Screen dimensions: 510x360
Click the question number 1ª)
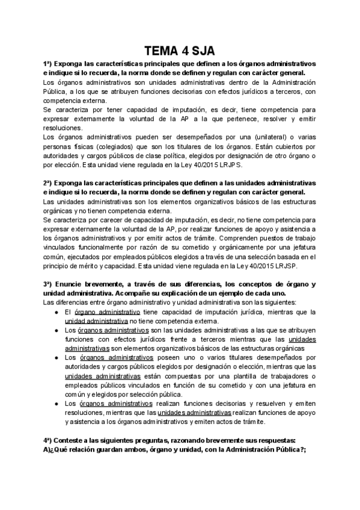pos(49,63)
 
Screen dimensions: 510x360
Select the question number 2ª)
pos(49,182)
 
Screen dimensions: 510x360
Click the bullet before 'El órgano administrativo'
pos(56,312)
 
